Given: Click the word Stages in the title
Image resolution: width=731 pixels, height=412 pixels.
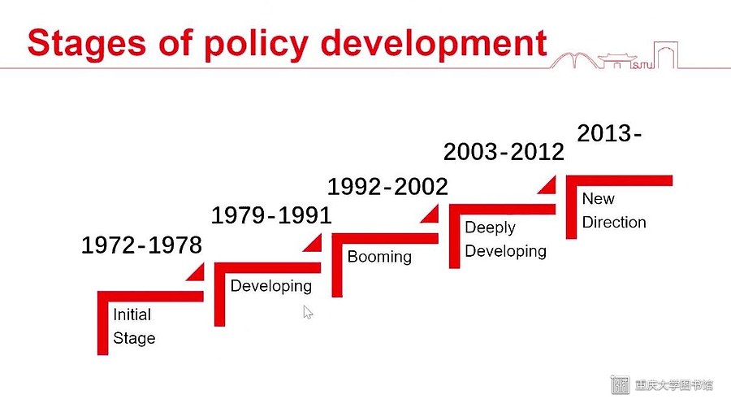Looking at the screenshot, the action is coord(87,43).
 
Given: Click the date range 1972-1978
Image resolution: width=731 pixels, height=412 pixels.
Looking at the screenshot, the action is coord(141,245).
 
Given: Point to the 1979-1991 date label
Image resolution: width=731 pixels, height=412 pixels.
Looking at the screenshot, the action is coord(271,215).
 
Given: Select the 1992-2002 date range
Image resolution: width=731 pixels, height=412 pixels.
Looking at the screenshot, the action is coord(387,187).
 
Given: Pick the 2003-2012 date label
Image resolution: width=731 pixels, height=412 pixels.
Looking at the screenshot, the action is coord(504,152).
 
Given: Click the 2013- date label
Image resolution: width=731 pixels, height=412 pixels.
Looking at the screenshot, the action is coord(609,133).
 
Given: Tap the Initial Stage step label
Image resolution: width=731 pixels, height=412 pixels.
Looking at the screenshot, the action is coord(134,326).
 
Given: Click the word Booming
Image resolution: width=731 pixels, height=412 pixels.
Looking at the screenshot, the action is coord(379,257).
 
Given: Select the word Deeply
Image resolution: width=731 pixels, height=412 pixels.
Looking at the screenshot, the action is coord(490,228).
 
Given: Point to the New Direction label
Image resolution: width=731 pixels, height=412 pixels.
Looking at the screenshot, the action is coord(614,210).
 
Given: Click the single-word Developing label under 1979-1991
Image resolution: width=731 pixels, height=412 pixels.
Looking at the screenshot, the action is coord(270,286).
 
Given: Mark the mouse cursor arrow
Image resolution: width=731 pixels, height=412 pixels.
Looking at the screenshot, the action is coord(308,312).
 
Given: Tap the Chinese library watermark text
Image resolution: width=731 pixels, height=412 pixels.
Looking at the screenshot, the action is coord(673,385).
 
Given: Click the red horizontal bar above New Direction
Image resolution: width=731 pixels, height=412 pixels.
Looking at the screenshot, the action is coord(619,180).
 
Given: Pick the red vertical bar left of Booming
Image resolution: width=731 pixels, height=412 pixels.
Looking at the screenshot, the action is coord(337,265).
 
